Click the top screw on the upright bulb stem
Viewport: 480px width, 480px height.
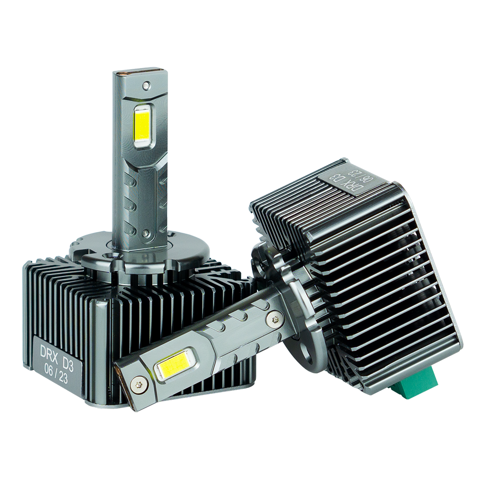point(146,85)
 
